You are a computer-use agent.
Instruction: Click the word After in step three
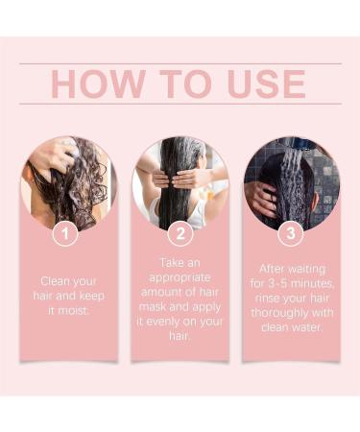pos(274,270)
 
